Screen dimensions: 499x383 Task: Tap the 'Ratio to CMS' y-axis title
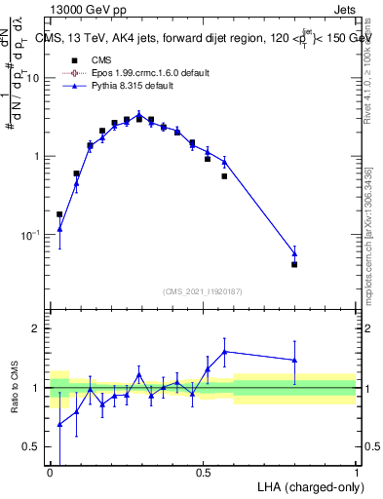tap(17, 388)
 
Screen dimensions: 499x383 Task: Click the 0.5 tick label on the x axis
tap(203, 473)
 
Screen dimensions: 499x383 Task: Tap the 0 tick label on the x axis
tap(51, 473)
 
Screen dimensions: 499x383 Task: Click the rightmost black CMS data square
tap(294, 264)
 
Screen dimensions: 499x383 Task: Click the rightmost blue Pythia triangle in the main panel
tap(294, 253)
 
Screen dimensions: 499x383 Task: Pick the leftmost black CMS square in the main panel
tap(59, 214)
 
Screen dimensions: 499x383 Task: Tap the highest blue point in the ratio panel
tap(224, 351)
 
